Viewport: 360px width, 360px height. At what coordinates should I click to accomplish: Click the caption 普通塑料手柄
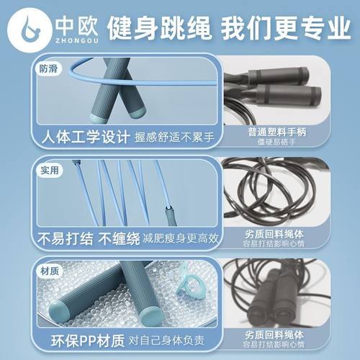pos(275,132)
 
